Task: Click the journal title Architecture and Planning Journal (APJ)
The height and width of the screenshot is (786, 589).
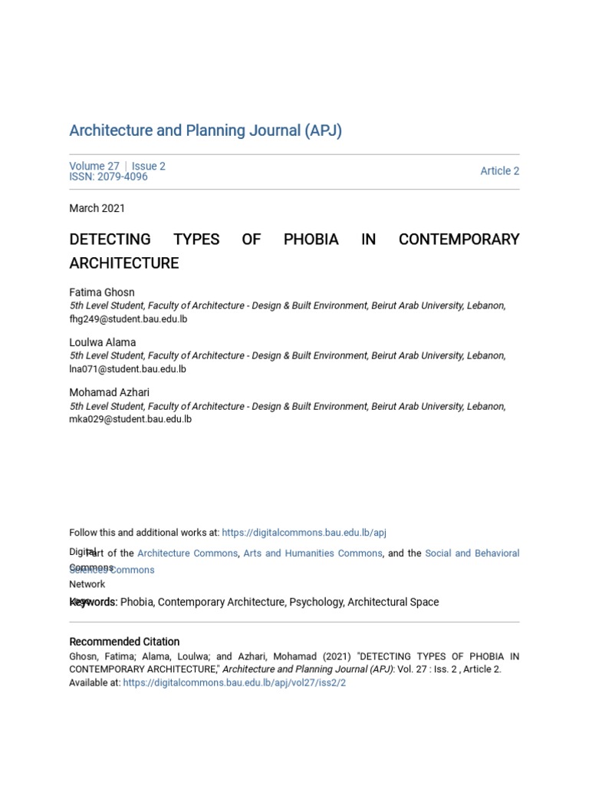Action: [x=206, y=130]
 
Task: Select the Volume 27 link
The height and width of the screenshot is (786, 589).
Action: [x=94, y=166]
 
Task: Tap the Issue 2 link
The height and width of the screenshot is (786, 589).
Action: [x=149, y=166]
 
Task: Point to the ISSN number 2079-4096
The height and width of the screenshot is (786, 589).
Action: [x=108, y=177]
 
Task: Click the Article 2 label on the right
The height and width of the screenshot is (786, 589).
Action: [x=499, y=171]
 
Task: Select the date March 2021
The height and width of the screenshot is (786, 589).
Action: [x=97, y=208]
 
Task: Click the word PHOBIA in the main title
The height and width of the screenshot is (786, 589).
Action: [x=311, y=239]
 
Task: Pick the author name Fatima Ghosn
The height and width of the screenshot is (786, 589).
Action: [x=102, y=292]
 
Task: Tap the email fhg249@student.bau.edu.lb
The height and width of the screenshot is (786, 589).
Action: [x=128, y=319]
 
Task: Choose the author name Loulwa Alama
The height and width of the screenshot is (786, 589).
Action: [x=103, y=342]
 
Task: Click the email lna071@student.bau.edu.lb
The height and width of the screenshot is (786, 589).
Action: [x=127, y=369]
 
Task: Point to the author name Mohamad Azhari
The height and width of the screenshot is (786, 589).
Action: [x=110, y=393]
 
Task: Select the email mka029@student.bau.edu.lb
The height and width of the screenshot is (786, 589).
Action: [x=130, y=419]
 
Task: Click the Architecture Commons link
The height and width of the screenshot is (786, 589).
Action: [x=188, y=553]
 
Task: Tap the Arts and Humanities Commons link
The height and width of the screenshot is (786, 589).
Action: [x=313, y=553]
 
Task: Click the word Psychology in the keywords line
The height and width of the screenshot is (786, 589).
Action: [x=316, y=603]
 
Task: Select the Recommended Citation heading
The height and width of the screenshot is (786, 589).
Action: [x=124, y=642]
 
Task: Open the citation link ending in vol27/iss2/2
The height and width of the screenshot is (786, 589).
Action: [x=234, y=682]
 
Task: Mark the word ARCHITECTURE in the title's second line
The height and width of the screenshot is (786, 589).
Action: [x=124, y=263]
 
